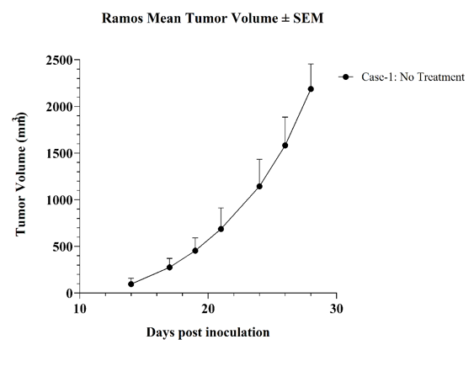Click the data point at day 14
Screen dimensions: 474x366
pos(130,284)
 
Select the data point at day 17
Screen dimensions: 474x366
pos(169,268)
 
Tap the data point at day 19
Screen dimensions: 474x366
pos(195,251)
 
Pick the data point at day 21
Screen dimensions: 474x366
pos(221,229)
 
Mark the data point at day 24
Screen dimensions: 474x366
pos(259,186)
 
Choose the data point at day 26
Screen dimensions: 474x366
pos(285,146)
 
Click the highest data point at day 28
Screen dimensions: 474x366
pos(311,89)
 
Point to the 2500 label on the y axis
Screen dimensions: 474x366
pos(59,60)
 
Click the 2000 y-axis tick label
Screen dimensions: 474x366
pos(59,107)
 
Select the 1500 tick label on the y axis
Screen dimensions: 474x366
pos(59,153)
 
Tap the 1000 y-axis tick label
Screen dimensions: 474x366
pos(59,200)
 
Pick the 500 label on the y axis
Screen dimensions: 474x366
pos(62,247)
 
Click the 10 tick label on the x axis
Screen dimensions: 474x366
pos(80,309)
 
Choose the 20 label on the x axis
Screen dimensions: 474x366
pos(208,309)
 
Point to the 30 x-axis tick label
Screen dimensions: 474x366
pos(337,309)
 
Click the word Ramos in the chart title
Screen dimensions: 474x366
pos(122,19)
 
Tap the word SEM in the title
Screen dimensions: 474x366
pos(308,19)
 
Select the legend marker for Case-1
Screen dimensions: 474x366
pos(346,77)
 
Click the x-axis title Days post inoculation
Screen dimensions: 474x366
pos(208,332)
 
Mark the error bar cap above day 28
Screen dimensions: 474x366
pos(311,64)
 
